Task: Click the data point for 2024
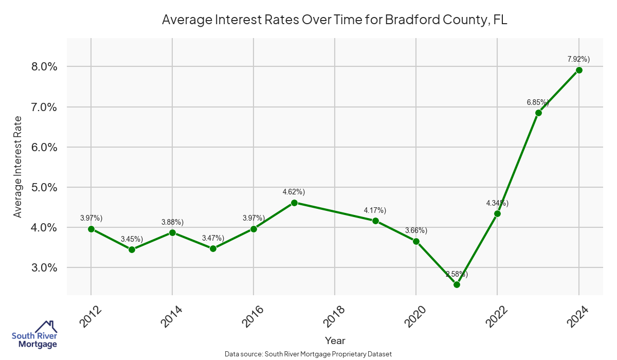click(579, 70)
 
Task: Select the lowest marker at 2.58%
click(457, 284)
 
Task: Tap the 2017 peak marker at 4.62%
click(294, 203)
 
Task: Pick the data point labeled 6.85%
click(538, 113)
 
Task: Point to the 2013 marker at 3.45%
click(132, 249)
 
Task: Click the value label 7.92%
click(578, 59)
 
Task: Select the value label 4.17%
click(375, 210)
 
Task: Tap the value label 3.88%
click(172, 222)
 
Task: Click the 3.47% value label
click(212, 238)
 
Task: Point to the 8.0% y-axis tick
click(42, 67)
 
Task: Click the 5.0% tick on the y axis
click(42, 187)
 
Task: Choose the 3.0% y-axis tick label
click(42, 267)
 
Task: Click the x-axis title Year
click(335, 340)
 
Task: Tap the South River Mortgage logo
click(34, 335)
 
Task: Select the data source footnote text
click(308, 354)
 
